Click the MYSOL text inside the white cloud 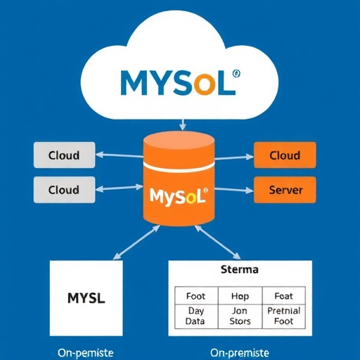coord(176,83)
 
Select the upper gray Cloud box coord(64,155)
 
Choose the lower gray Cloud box coord(64,190)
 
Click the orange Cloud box coord(285,155)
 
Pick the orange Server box coord(285,190)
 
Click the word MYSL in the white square coord(86,297)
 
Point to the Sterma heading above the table coord(240,269)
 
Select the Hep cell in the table coord(240,296)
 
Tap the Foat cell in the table coord(284,296)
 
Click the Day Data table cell coord(195,316)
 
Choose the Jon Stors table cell coord(240,316)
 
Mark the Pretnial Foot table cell coord(284,316)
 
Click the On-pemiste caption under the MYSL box coord(86,352)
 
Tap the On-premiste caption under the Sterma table coord(240,352)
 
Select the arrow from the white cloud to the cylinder coord(182,124)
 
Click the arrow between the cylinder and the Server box coord(233,190)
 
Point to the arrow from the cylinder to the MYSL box coord(129,243)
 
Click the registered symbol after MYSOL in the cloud coord(236,72)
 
